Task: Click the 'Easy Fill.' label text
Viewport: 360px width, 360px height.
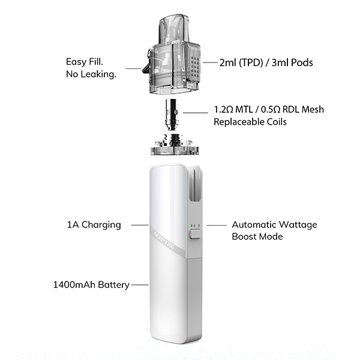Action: tap(85, 62)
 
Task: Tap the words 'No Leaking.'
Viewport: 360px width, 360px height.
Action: tap(91, 74)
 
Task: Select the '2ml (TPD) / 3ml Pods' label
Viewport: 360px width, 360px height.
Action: tap(266, 62)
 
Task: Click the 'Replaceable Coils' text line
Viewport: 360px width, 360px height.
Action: tap(250, 122)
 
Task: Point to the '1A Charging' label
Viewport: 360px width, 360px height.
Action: tap(94, 224)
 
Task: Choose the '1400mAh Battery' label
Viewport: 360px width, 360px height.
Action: tap(91, 284)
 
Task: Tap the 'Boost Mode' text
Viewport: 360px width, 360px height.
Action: tap(257, 236)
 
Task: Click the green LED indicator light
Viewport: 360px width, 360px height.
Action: tap(191, 226)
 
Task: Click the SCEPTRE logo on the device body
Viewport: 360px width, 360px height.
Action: tap(164, 241)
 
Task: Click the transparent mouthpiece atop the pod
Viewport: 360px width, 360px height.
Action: tap(174, 28)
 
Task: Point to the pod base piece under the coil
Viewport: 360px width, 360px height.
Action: tap(175, 145)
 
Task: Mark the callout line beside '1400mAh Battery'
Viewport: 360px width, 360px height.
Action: tap(140, 284)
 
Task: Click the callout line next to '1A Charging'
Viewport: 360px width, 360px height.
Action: tap(140, 225)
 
